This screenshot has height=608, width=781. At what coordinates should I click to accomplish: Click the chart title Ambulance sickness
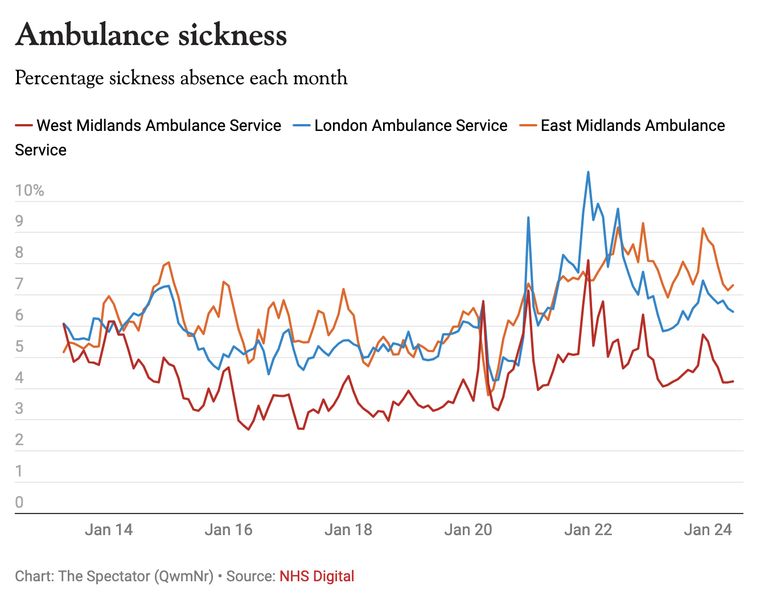(x=151, y=35)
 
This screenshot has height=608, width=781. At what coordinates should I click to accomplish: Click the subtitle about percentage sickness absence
(x=181, y=78)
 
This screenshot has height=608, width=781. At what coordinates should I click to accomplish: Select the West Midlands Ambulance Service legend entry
(x=159, y=125)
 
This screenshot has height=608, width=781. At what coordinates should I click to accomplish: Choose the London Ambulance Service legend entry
(x=410, y=125)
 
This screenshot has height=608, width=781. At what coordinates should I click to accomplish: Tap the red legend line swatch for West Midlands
(x=23, y=125)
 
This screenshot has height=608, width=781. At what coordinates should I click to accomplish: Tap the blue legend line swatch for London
(x=301, y=125)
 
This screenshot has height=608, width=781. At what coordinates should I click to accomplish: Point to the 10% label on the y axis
(x=30, y=191)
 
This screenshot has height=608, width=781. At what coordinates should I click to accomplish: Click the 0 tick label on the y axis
(x=19, y=502)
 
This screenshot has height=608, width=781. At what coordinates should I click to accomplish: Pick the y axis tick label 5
(x=19, y=347)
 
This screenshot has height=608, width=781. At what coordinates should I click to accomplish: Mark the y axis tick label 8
(x=19, y=253)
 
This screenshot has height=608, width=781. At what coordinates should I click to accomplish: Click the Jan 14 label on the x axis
(x=109, y=530)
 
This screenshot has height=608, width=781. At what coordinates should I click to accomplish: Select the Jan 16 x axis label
(x=228, y=530)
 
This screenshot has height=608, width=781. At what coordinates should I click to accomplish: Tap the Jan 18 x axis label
(x=348, y=530)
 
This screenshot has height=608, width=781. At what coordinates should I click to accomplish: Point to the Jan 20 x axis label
(x=468, y=530)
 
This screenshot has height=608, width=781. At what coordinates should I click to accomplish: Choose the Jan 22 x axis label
(x=588, y=530)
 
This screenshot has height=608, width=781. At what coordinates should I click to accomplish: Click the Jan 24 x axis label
(x=708, y=530)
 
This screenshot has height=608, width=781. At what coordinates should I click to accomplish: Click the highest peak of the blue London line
(x=588, y=172)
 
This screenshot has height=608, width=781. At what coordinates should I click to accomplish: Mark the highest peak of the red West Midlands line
(x=588, y=261)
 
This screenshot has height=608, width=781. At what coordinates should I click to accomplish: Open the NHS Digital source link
(x=316, y=576)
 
